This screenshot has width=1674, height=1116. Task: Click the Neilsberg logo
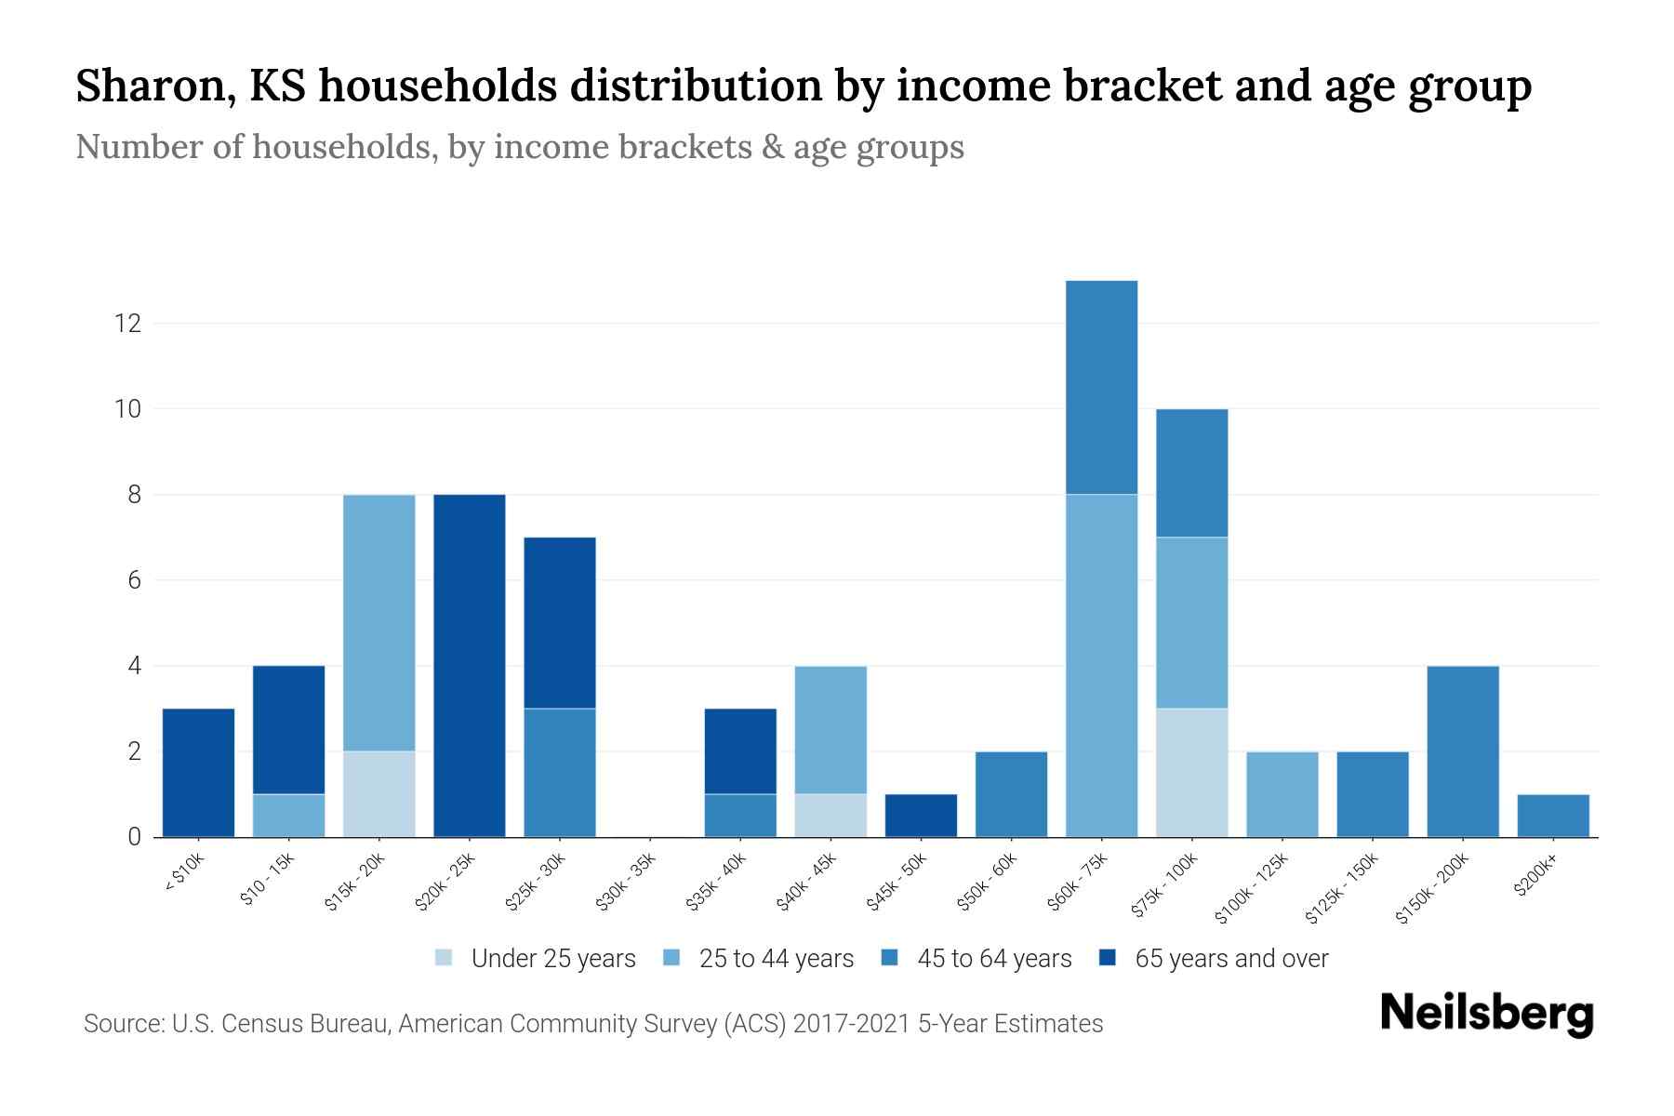[x=1486, y=1013]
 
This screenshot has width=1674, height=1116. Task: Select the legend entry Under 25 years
[x=552, y=959]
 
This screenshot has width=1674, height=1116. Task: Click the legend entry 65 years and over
[x=1230, y=959]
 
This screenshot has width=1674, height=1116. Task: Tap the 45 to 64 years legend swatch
[x=889, y=958]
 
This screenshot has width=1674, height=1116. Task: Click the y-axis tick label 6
[x=134, y=580]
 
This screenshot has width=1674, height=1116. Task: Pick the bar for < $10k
[x=198, y=772]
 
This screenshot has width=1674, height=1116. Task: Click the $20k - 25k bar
[x=470, y=665]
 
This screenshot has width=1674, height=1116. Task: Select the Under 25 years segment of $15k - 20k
[x=379, y=793]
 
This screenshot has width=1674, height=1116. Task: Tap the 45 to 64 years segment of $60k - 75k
[x=1101, y=387]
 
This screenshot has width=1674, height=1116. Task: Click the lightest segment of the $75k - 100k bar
[x=1191, y=772]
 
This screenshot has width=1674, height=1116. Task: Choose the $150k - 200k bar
[x=1463, y=751]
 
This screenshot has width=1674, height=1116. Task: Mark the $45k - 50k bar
[x=921, y=815]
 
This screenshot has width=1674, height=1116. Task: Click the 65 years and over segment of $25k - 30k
[x=560, y=622]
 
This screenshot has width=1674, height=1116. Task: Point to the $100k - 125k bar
[x=1282, y=793]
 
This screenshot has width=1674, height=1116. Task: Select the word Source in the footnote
[x=122, y=1024]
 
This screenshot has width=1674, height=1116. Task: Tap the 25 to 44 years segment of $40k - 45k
[x=830, y=729]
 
